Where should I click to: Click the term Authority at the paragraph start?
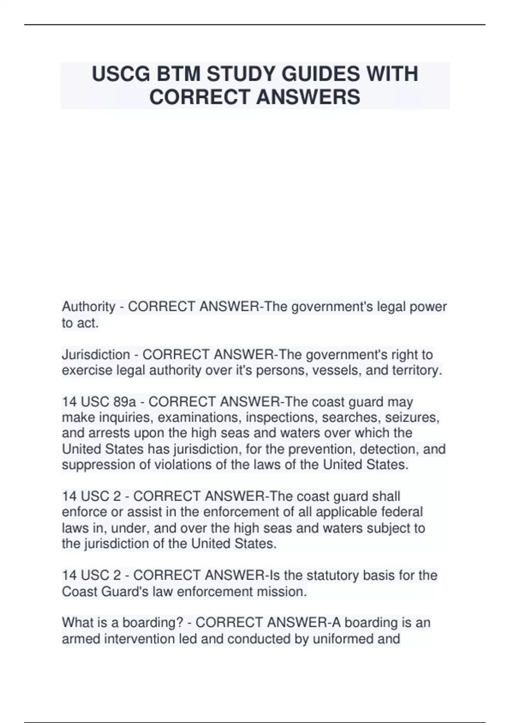(x=88, y=306)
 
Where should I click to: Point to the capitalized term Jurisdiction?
(x=96, y=354)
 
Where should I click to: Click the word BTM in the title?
(x=178, y=74)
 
